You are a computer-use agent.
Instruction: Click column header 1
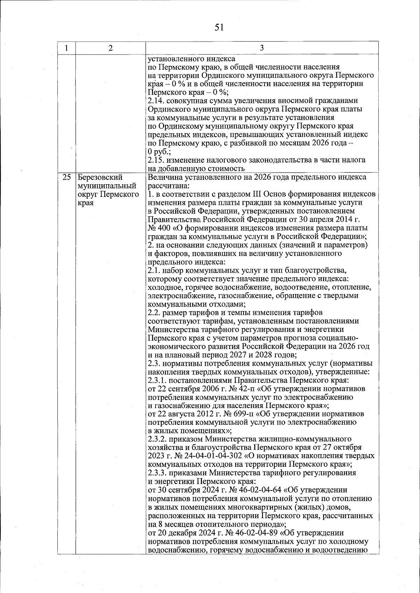66,48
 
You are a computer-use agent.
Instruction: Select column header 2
111,48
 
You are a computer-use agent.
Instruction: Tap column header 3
261,48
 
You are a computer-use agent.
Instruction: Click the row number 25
66,177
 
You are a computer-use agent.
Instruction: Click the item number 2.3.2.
158,439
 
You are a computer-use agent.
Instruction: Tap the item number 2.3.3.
158,473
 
